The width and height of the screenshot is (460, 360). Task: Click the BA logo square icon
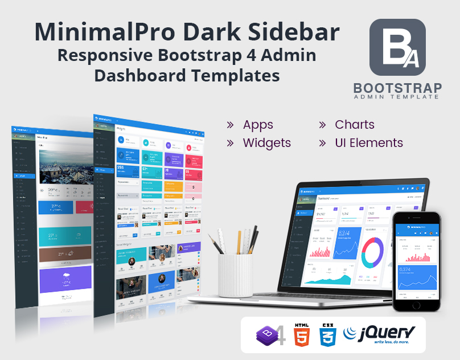[x=397, y=47]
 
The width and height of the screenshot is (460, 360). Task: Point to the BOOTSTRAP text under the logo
[x=397, y=88]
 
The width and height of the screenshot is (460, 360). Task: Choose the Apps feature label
[x=258, y=125]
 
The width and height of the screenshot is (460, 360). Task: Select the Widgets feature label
[x=266, y=143]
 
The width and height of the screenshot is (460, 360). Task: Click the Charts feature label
[x=354, y=125]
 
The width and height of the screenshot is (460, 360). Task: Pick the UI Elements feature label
[x=368, y=143]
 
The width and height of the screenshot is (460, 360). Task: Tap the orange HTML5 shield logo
[x=301, y=336]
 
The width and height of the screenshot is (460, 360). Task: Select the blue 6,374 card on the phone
[x=416, y=276]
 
